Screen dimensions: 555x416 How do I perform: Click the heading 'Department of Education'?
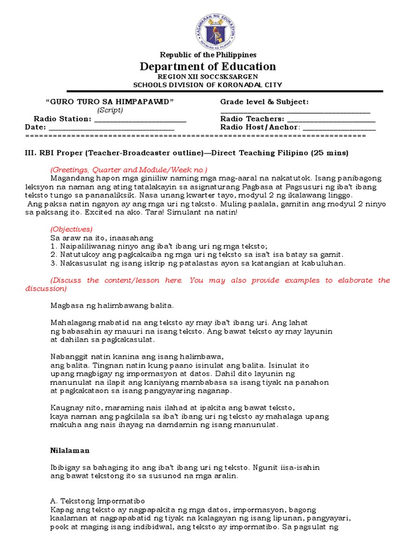[x=208, y=67]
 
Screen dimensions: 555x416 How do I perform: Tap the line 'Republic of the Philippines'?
[x=208, y=55]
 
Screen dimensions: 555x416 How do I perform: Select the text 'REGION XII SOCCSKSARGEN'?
[x=208, y=77]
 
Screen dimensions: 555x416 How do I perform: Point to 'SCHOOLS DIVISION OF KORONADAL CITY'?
[x=208, y=85]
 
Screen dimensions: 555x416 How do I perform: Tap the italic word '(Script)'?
[x=110, y=110]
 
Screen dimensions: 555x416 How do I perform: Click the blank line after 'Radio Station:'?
[x=140, y=120]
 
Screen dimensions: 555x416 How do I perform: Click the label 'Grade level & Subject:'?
[x=264, y=102]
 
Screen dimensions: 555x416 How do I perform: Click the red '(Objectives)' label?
[x=71, y=229]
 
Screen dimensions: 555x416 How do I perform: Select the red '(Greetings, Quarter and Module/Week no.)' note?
[x=129, y=169]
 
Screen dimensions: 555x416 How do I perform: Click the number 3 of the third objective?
[x=52, y=263]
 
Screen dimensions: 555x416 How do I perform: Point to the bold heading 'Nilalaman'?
[x=70, y=450]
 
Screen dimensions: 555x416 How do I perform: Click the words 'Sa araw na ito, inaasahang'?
[x=102, y=237]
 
